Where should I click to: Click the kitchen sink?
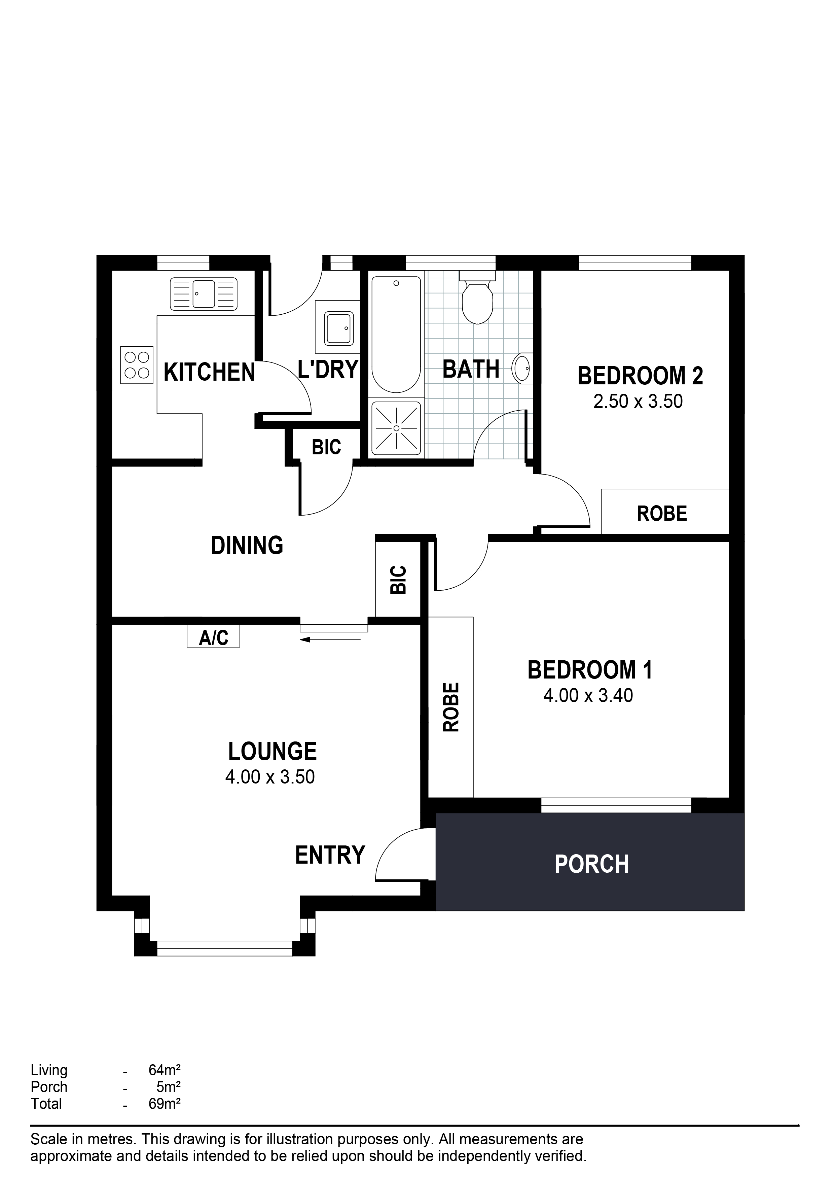(204, 294)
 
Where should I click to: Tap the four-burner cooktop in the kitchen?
(137, 365)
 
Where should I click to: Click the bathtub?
(396, 334)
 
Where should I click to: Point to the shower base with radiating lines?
(396, 428)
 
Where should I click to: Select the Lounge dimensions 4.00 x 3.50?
(270, 777)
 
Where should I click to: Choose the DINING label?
(247, 545)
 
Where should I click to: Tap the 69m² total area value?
(165, 1104)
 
